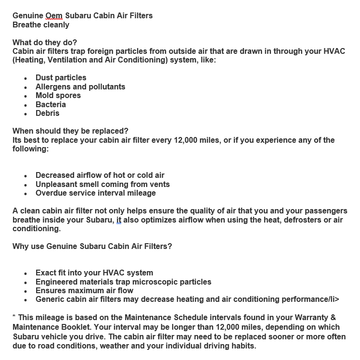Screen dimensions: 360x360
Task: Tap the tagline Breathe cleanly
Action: pos(41,25)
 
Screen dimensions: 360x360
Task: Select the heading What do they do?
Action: pos(44,42)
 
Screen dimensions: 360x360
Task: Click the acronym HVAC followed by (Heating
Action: pos(335,51)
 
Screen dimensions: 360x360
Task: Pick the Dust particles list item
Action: pos(61,77)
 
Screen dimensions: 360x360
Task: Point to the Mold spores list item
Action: pos(58,95)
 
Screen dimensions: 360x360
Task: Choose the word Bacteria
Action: pos(51,104)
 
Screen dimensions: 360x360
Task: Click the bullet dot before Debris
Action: pos(26,114)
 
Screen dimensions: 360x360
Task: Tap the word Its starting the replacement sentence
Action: pos(18,140)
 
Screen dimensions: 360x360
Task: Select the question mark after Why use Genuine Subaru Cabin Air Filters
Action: pos(170,247)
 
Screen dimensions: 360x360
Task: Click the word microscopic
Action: pos(154,282)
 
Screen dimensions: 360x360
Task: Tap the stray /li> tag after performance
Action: pos(333,299)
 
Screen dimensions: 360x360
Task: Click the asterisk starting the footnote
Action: pos(14,317)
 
